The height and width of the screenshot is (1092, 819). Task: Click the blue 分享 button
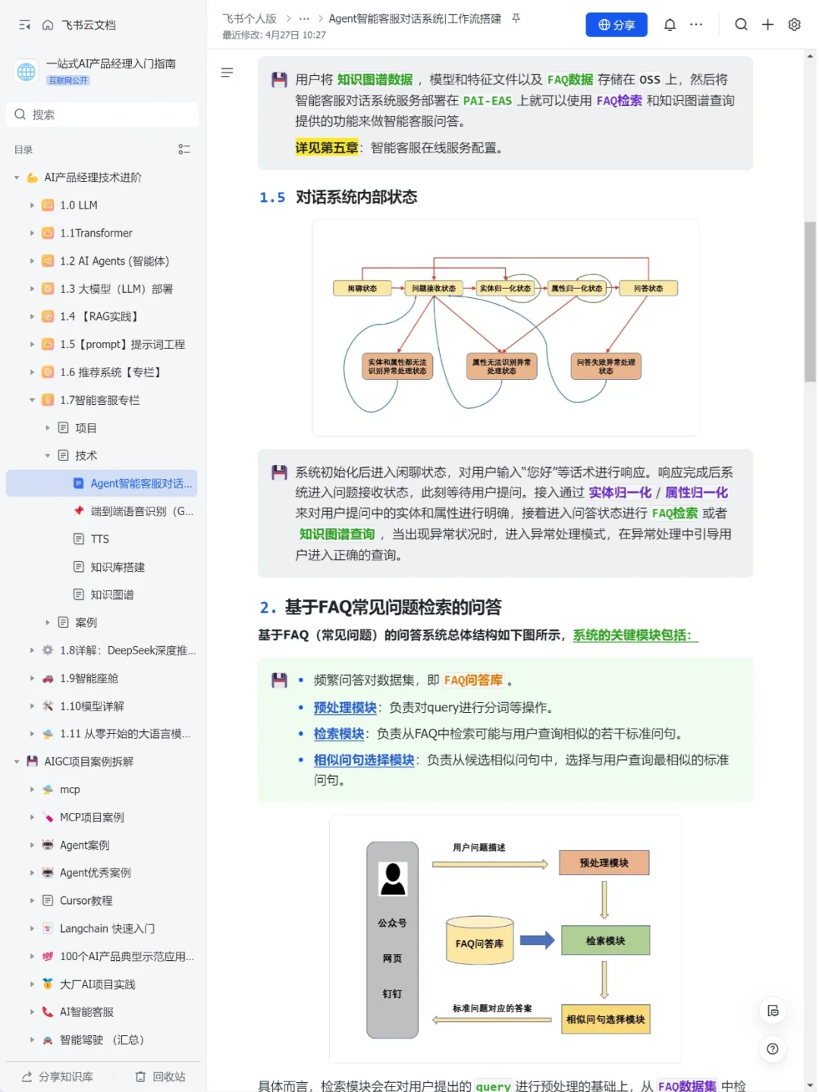point(616,25)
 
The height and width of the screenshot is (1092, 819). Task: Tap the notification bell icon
point(670,25)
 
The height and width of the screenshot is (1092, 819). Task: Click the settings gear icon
point(794,25)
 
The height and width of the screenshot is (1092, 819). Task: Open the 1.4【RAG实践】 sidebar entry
point(99,316)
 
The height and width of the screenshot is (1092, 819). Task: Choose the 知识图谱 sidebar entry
point(112,595)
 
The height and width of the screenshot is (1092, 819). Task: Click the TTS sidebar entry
point(100,539)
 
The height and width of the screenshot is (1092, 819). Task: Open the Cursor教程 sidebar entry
point(86,901)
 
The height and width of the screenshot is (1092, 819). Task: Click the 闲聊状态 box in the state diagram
point(362,288)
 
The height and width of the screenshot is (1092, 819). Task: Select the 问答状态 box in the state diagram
point(648,288)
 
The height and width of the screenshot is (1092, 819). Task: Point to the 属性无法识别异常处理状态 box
point(501,366)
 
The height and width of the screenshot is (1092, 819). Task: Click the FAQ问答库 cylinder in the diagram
point(479,943)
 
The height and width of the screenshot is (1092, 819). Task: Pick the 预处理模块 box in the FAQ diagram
point(604,863)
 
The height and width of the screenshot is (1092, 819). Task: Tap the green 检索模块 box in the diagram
point(605,940)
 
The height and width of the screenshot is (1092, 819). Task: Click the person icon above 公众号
point(393,879)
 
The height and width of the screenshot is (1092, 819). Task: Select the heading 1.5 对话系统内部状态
point(338,197)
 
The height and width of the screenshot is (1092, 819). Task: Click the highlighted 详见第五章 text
point(326,148)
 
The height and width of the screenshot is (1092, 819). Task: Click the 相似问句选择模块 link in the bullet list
point(364,760)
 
